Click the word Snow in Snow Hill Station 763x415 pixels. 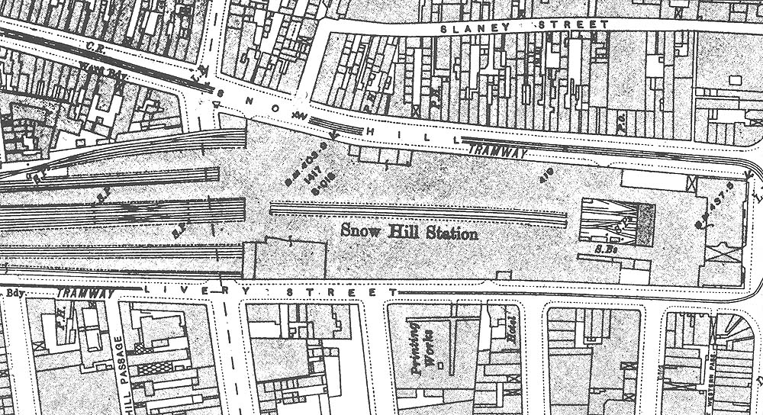pos(359,230)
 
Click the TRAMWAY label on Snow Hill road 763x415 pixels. pos(498,152)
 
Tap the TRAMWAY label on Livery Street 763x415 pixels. pos(85,293)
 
